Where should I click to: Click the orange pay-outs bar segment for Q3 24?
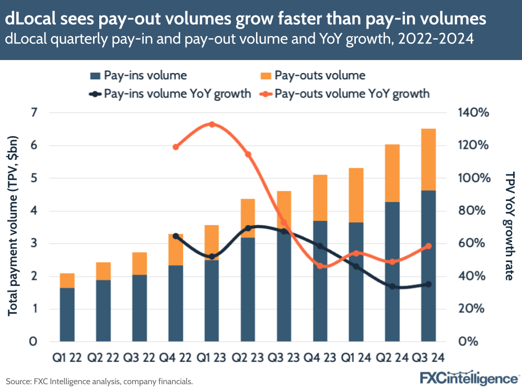click(x=428, y=159)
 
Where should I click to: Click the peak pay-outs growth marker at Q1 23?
click(x=212, y=124)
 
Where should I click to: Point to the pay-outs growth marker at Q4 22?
click(x=176, y=147)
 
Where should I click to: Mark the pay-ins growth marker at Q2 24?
click(x=392, y=286)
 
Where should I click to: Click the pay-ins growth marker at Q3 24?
click(x=428, y=284)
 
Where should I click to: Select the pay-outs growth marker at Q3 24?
click(x=428, y=246)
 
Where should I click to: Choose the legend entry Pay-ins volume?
click(x=138, y=75)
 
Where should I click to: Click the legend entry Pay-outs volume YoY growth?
click(x=345, y=94)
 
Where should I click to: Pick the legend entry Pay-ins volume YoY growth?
click(x=170, y=94)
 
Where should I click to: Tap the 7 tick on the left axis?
click(x=34, y=113)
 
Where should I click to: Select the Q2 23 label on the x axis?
click(x=248, y=358)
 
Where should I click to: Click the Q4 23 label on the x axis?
click(x=320, y=358)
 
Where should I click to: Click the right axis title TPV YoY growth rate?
click(x=509, y=226)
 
